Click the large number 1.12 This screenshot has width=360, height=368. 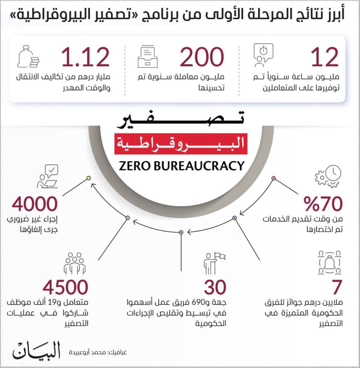coord(86,57)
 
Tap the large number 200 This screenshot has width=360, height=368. coord(202,57)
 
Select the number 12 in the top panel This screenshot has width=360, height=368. coord(325,57)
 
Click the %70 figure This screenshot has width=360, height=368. coord(323,204)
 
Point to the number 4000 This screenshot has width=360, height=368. coord(35,204)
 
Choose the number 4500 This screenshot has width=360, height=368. coord(65,287)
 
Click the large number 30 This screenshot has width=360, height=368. coord(215,287)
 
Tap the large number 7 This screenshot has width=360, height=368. coord(337,287)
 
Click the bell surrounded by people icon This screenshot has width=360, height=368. coord(330,263)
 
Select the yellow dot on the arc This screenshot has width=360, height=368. coord(88,178)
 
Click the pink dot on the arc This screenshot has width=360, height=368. coord(274,178)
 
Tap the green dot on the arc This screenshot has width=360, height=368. coord(127,218)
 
